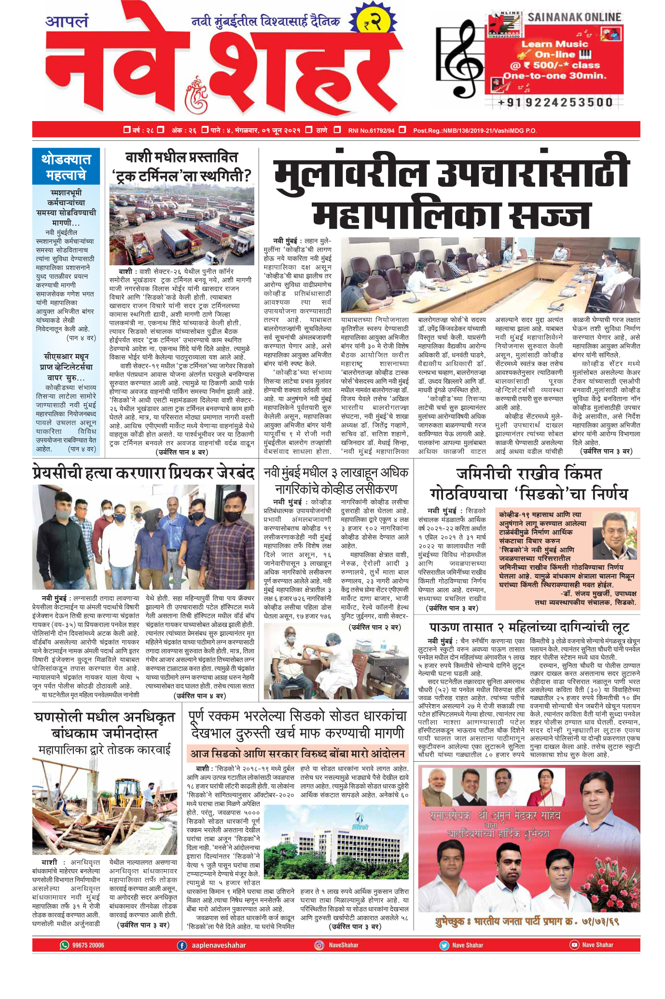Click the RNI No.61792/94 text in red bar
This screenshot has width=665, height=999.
(371, 131)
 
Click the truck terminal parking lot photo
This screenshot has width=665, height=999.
(181, 226)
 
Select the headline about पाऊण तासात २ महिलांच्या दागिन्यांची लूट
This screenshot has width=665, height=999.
(529, 628)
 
